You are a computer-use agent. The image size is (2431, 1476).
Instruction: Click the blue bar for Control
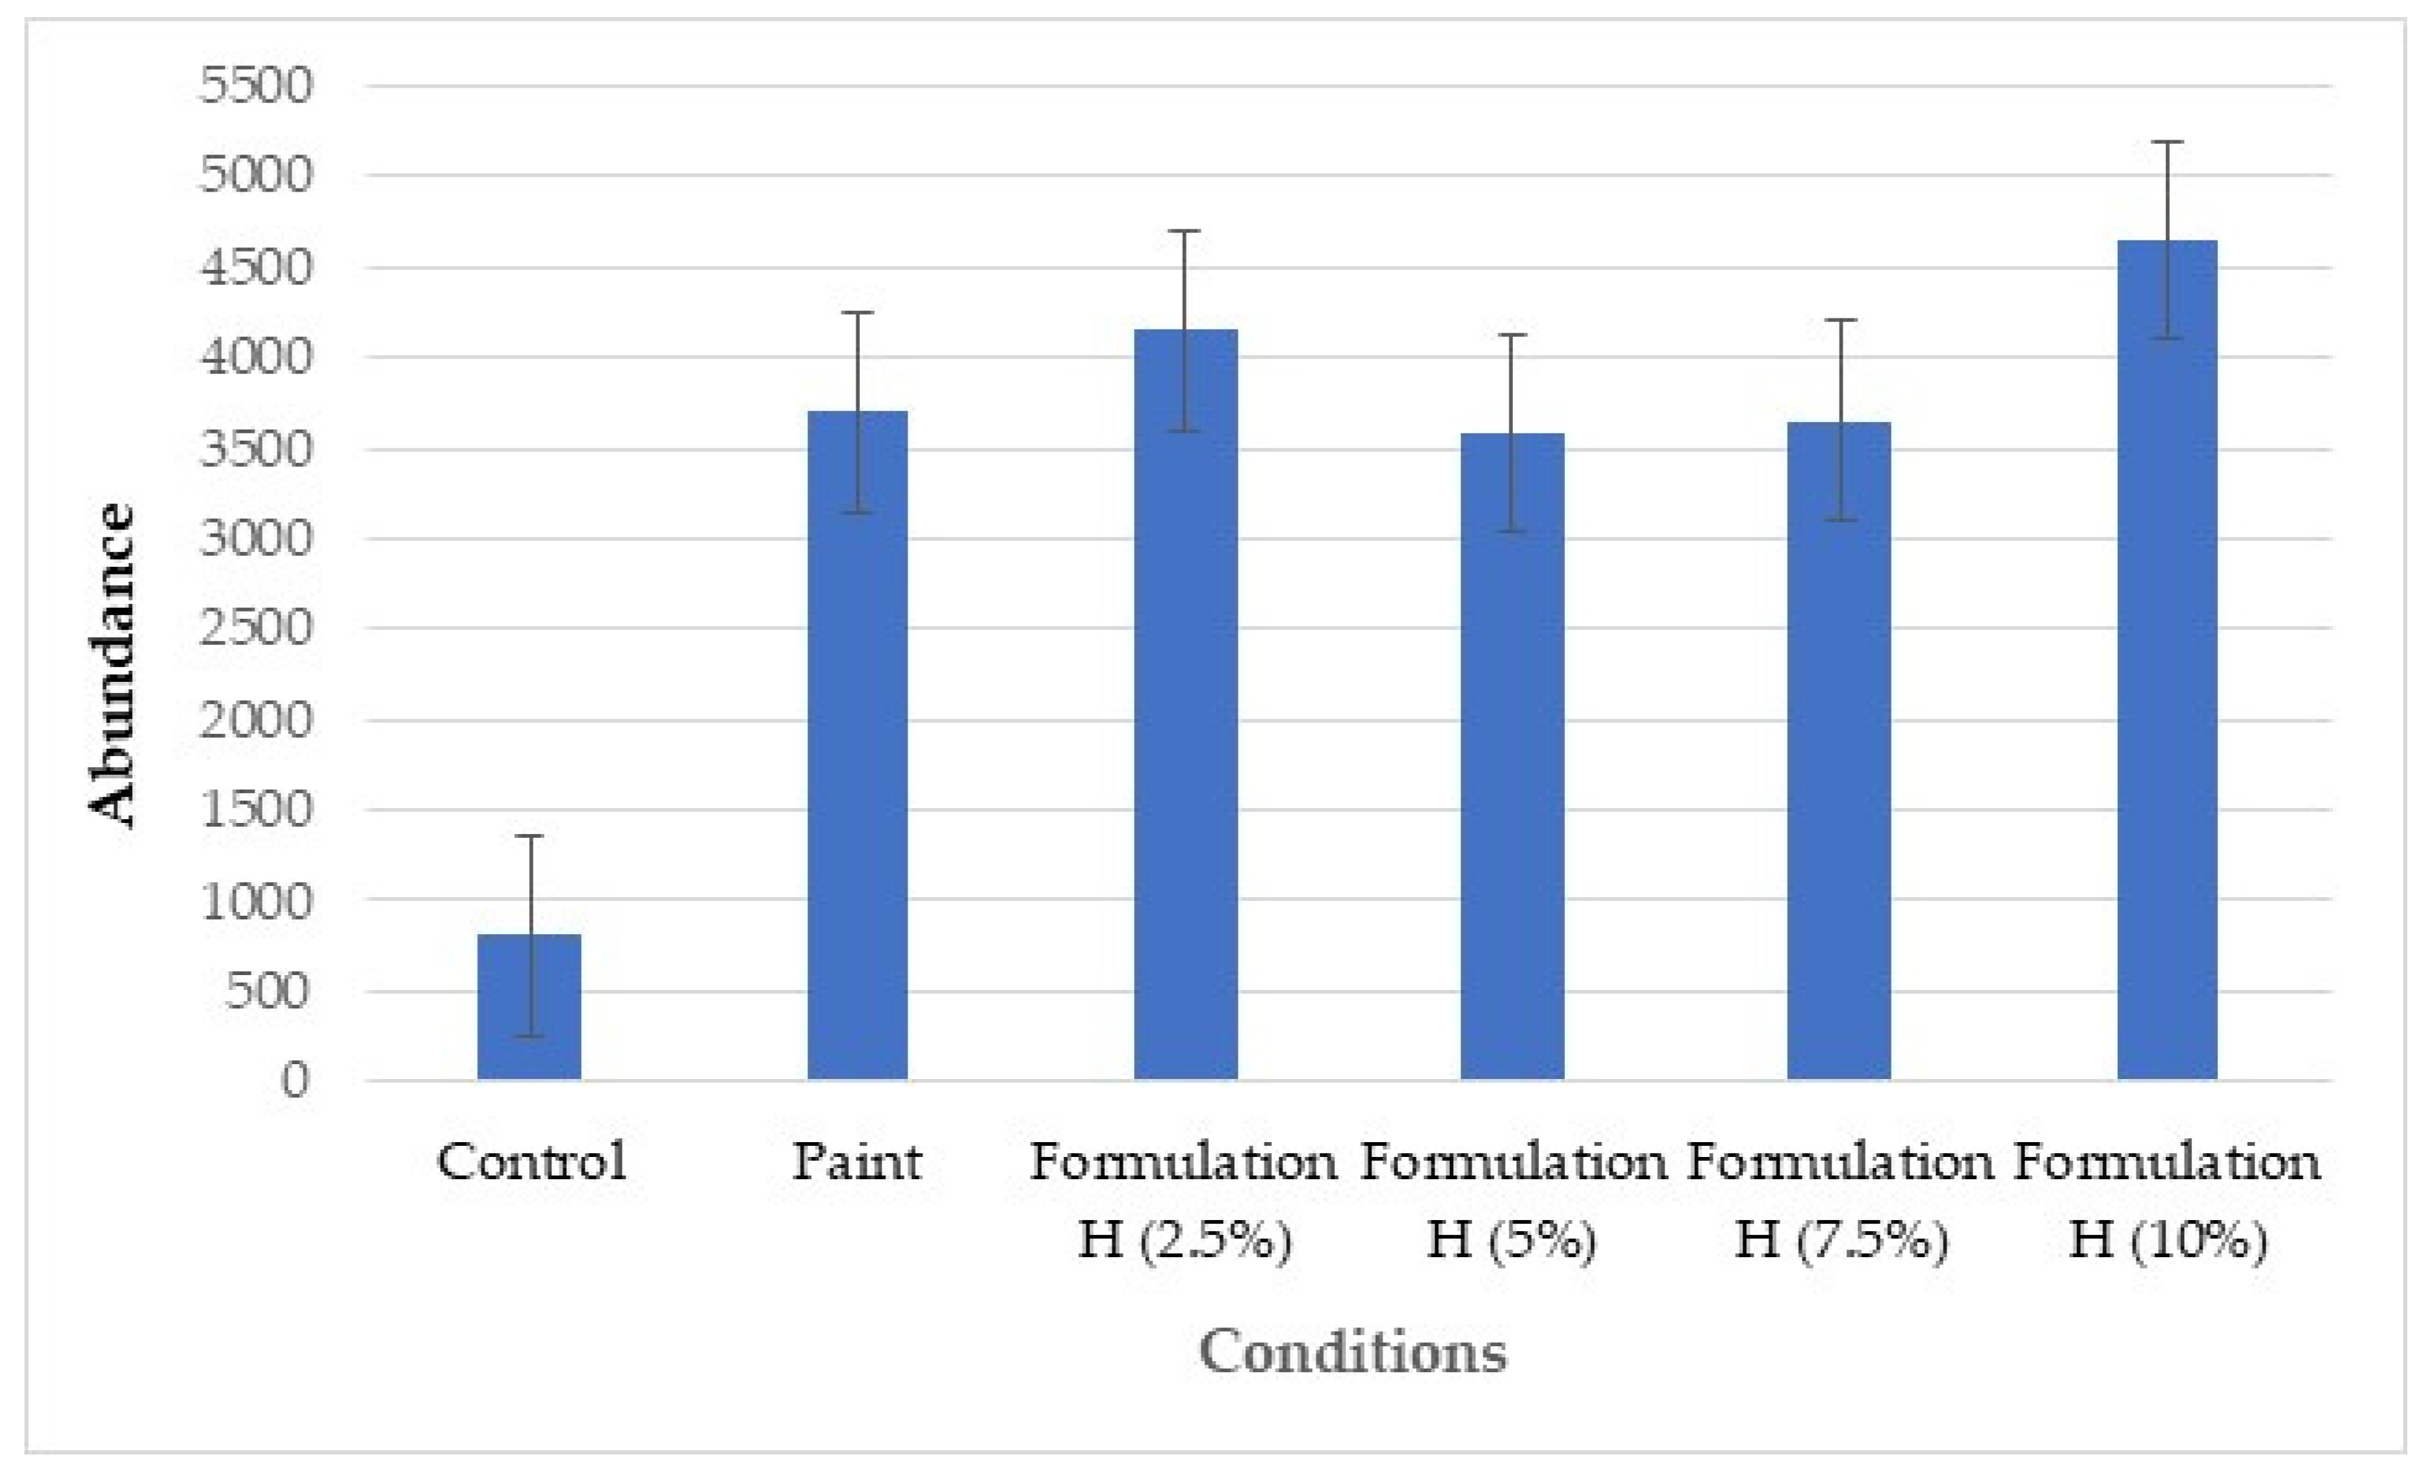(x=529, y=1006)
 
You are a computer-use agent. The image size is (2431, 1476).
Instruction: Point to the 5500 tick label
(x=255, y=86)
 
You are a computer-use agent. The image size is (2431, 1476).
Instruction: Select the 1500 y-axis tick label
(x=255, y=810)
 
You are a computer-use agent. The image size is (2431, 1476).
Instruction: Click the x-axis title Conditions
(x=1353, y=1351)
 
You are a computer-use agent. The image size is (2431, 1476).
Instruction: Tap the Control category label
(x=531, y=1162)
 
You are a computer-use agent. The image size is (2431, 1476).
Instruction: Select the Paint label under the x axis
(x=856, y=1162)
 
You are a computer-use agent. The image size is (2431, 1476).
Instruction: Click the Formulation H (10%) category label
(x=2168, y=1201)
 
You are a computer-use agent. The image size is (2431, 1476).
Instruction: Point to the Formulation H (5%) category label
(x=1512, y=1201)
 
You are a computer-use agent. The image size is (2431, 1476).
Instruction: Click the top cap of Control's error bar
(x=530, y=836)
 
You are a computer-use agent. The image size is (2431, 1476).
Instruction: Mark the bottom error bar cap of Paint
(x=857, y=512)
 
